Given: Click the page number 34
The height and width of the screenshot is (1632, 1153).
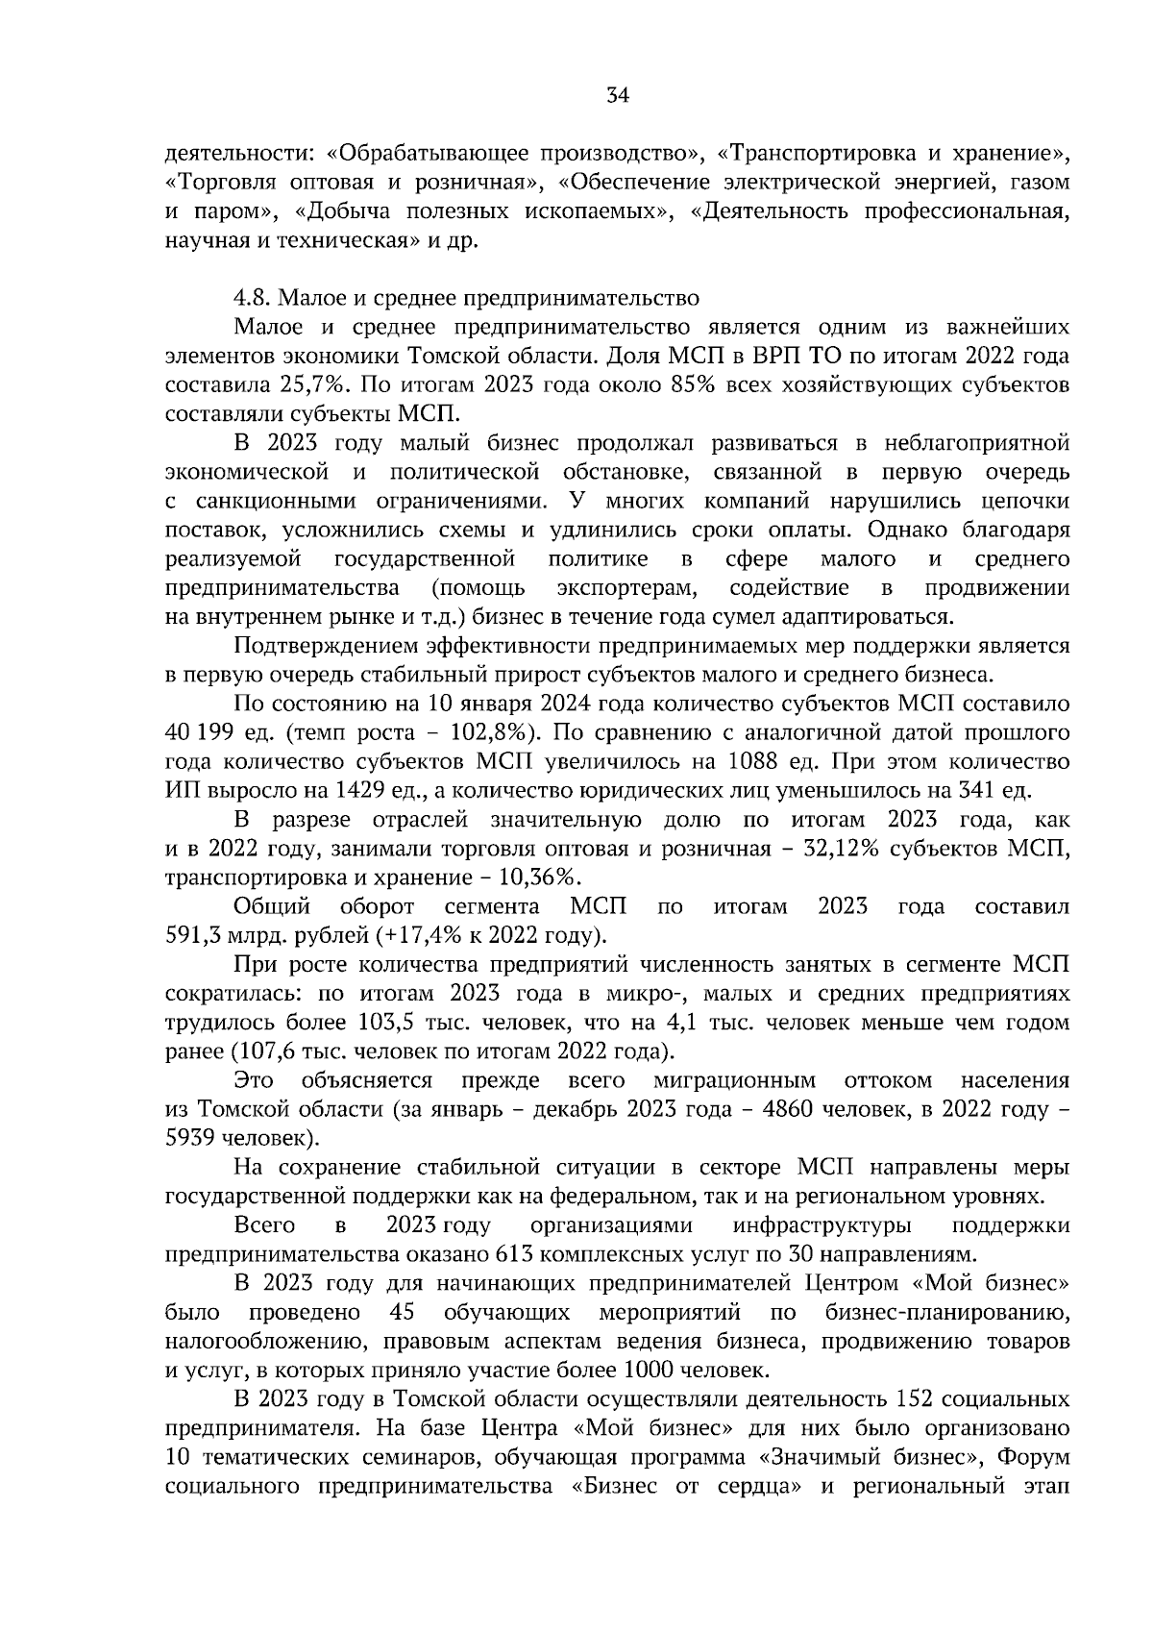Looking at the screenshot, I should pyautogui.click(x=617, y=95).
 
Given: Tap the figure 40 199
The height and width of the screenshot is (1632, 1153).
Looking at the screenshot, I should pyautogui.click(x=200, y=733).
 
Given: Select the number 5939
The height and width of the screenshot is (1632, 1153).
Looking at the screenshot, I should pyautogui.click(x=192, y=1138).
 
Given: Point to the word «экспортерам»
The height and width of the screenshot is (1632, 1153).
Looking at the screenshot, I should pyautogui.click(x=627, y=588).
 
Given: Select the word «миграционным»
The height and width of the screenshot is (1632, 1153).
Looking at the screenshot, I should pyautogui.click(x=735, y=1080).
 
